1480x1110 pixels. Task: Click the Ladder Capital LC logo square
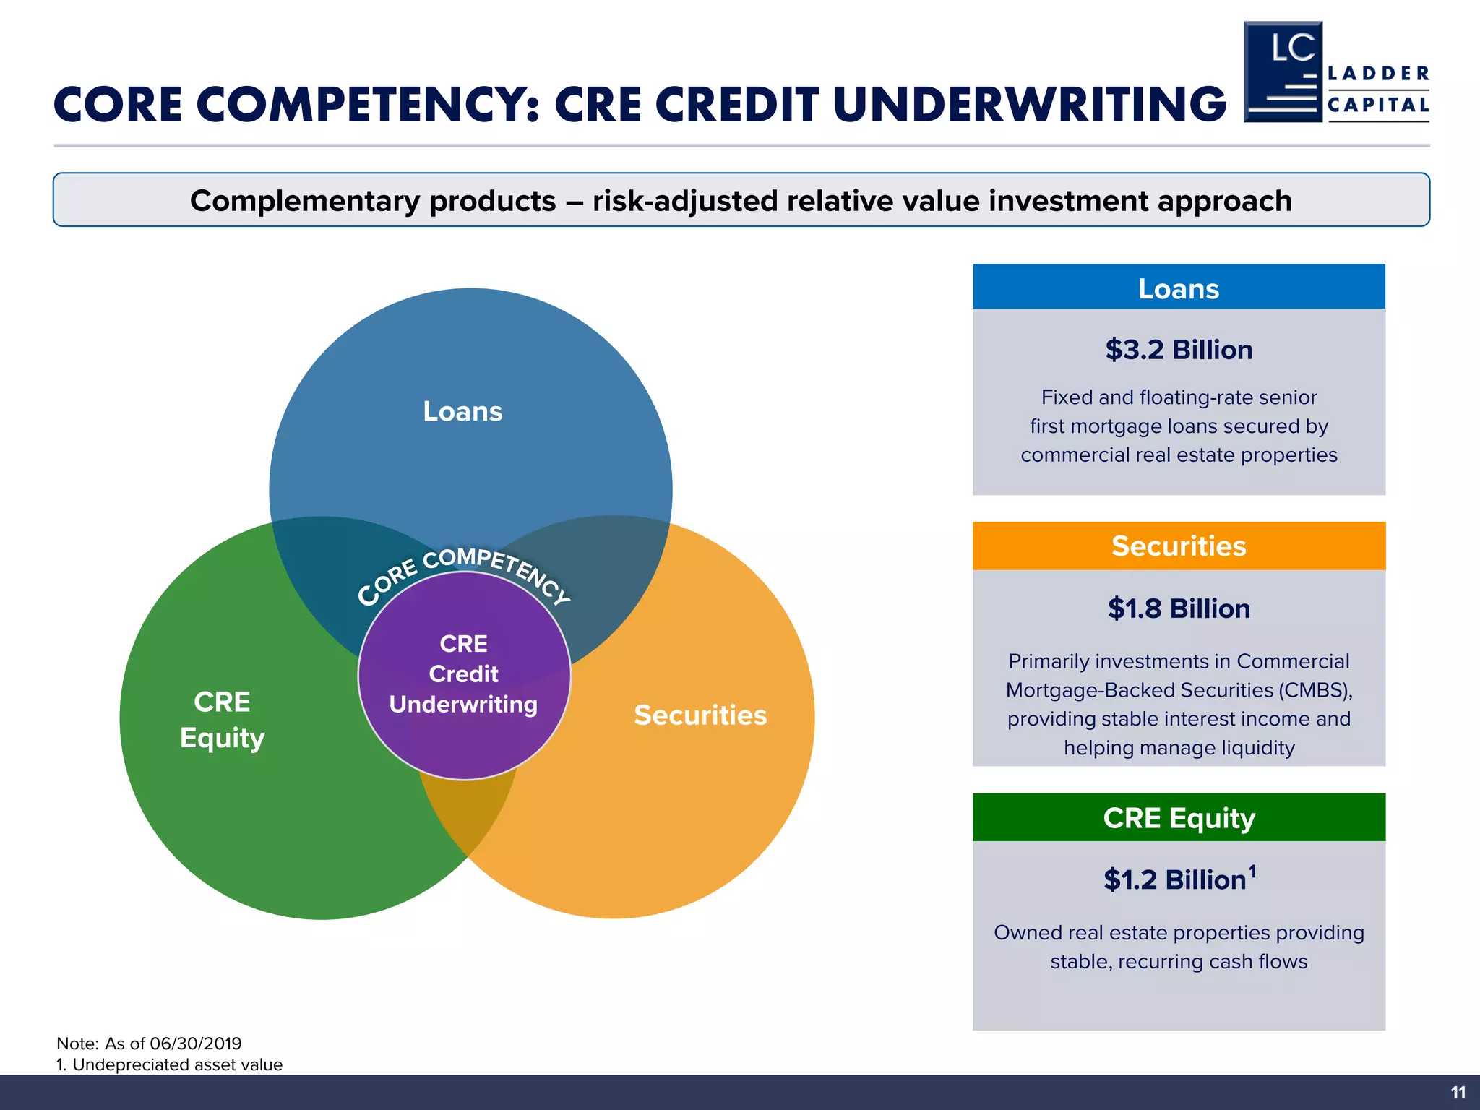coord(1283,72)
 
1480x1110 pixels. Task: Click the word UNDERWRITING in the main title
coord(1029,106)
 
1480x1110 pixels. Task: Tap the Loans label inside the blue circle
coord(462,411)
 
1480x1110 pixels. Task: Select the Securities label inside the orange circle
coord(700,715)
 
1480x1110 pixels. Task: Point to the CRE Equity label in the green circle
coord(222,720)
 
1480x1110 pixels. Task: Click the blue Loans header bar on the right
coord(1178,288)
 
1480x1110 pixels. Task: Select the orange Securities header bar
coord(1178,546)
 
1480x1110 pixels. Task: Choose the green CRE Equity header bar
coord(1178,817)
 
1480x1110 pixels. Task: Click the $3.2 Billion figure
coord(1178,350)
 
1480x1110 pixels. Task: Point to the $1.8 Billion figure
coord(1178,608)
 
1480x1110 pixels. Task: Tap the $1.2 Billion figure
coord(1174,880)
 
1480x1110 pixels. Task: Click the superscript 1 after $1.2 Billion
coord(1252,871)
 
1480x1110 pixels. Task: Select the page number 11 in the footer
coord(1458,1093)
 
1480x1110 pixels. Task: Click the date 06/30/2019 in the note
coord(195,1044)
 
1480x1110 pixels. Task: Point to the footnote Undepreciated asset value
coord(177,1064)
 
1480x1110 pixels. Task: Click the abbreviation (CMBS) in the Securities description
coord(1315,690)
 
